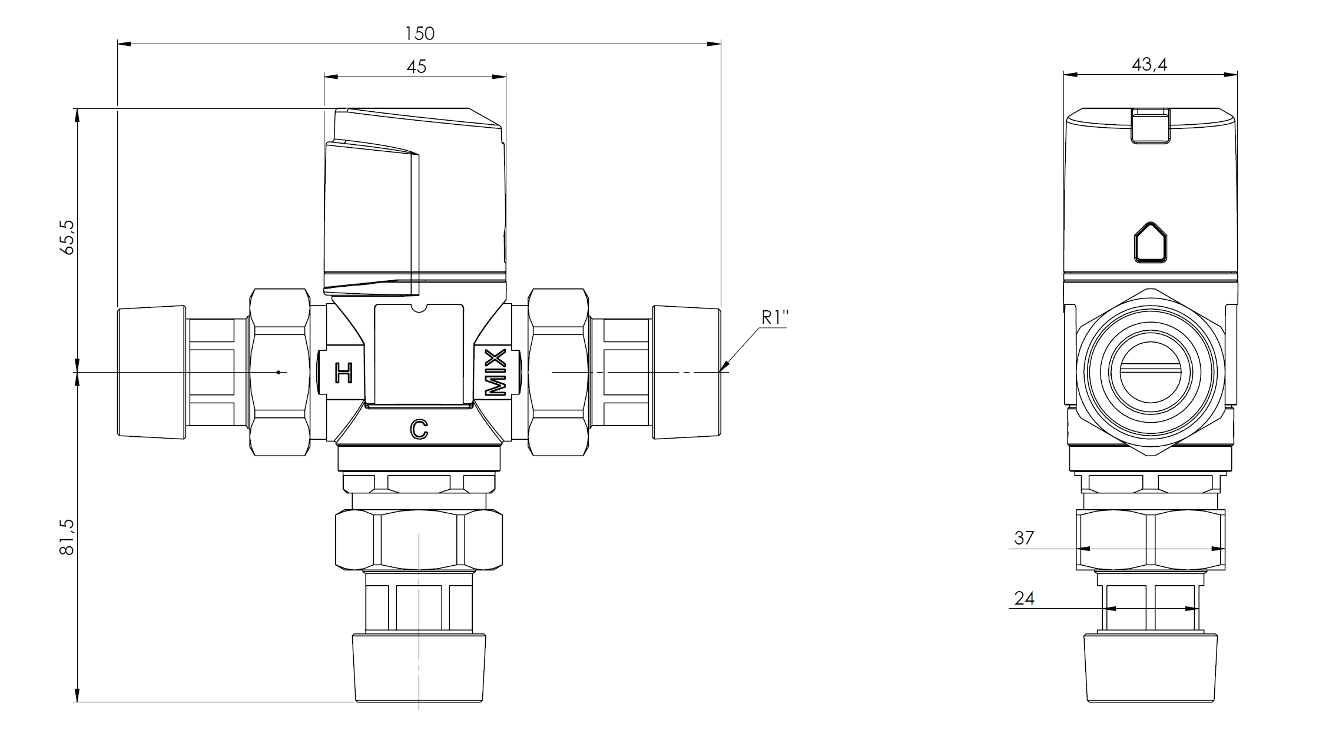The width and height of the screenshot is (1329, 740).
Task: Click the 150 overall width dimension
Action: pyautogui.click(x=419, y=34)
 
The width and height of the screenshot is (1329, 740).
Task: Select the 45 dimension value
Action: pyautogui.click(x=416, y=67)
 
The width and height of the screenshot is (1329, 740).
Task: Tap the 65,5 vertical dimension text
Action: pyautogui.click(x=68, y=237)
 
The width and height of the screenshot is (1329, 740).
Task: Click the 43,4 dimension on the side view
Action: pyautogui.click(x=1149, y=64)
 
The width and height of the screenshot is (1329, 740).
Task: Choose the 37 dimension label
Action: pyautogui.click(x=1024, y=537)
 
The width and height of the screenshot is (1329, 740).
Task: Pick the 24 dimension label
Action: pyautogui.click(x=1025, y=598)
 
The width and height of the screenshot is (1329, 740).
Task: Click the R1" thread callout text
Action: pyautogui.click(x=775, y=317)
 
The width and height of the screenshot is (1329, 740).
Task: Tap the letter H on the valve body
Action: pyautogui.click(x=343, y=373)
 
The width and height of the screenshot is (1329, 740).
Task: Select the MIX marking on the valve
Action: pyautogui.click(x=495, y=372)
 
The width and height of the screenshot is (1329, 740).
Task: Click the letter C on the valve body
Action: pyautogui.click(x=419, y=430)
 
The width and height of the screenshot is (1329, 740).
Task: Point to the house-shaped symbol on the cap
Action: pyautogui.click(x=1150, y=241)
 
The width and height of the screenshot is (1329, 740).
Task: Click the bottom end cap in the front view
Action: pyautogui.click(x=419, y=668)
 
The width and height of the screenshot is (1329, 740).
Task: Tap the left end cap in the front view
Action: pyautogui.click(x=152, y=372)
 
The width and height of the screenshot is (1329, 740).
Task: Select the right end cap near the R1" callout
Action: pyautogui.click(x=687, y=372)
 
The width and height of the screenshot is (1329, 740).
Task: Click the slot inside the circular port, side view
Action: pyautogui.click(x=1151, y=369)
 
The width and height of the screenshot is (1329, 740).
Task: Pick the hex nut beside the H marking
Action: pyautogui.click(x=280, y=372)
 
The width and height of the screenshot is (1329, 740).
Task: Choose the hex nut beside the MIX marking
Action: pyautogui.click(x=558, y=372)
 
